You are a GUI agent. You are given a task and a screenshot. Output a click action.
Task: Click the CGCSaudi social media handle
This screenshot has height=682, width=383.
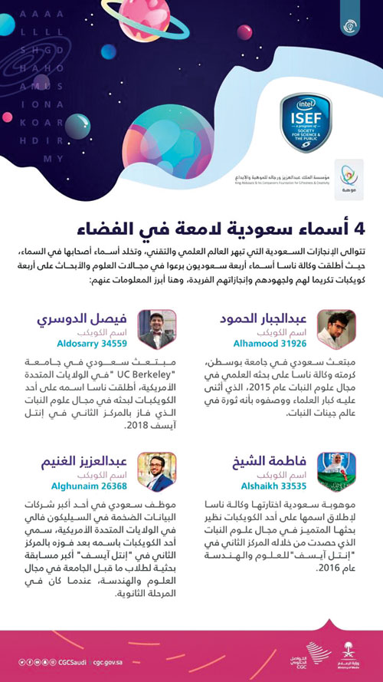pyautogui.click(x=68, y=661)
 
